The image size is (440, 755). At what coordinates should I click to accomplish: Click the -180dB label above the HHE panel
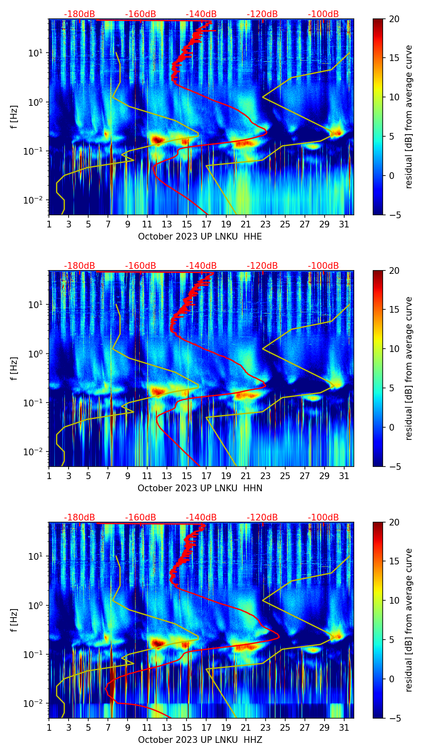click(79, 14)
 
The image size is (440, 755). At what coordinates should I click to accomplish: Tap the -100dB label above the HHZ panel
click(323, 518)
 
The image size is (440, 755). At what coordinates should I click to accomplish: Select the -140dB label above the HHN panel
click(201, 266)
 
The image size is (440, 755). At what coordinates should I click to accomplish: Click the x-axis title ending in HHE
click(200, 237)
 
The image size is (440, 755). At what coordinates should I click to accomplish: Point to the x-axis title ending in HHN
click(200, 488)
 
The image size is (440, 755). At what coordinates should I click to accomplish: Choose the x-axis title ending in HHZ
click(200, 740)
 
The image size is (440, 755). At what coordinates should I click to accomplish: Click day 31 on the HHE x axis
click(344, 224)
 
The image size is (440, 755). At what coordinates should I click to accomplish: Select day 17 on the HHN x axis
click(206, 476)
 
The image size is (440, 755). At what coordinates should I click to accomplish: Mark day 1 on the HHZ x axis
click(49, 728)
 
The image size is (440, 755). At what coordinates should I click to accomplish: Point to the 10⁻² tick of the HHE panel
click(37, 200)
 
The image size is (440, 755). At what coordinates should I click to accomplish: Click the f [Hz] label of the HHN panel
click(14, 368)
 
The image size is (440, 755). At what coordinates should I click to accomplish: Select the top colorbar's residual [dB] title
click(409, 117)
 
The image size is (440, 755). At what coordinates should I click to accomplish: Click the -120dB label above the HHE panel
click(262, 14)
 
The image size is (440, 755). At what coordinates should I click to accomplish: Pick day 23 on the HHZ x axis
click(265, 728)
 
